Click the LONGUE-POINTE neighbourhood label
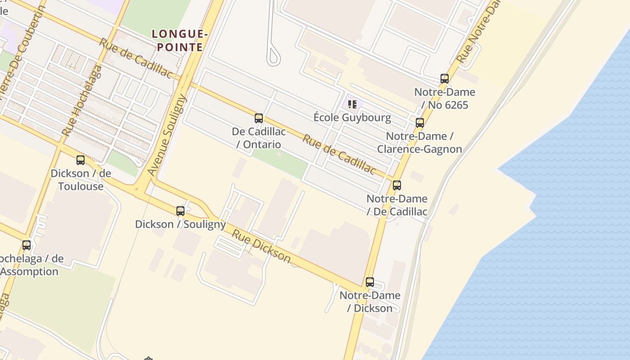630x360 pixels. point(180,40)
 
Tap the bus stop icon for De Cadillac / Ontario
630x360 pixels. point(259,118)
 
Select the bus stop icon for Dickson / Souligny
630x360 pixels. point(180,211)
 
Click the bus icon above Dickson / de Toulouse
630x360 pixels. point(81,160)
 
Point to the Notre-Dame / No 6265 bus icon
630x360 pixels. point(445,79)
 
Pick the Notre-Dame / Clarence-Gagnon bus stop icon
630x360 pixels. point(420,122)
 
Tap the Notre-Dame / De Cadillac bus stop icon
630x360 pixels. point(397,185)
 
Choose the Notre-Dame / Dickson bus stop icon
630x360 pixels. point(370,282)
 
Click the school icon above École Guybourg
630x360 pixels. point(352,104)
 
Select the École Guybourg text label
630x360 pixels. point(352,118)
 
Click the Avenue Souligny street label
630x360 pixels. point(167,135)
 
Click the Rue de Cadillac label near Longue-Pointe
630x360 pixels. point(135,58)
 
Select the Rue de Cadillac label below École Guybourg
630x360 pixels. point(338,154)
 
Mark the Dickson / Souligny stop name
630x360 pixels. point(180,224)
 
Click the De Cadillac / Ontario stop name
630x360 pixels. point(259,138)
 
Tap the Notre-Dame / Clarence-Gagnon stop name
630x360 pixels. point(419,143)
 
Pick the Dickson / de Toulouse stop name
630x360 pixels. point(81,180)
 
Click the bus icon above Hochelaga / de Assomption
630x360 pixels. point(27,245)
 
